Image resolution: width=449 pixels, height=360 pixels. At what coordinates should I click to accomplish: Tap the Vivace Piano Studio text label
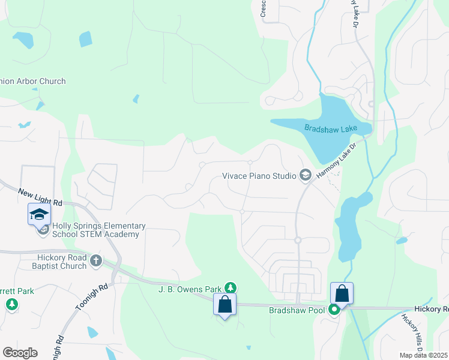[259, 176]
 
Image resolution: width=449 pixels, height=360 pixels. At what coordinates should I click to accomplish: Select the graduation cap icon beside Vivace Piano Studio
[305, 175]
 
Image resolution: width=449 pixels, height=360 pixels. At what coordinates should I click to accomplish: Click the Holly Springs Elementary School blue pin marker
[39, 214]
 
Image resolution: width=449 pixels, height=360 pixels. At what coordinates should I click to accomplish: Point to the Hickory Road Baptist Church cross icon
[95, 261]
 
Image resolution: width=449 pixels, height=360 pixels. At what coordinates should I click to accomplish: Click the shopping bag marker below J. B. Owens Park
[224, 304]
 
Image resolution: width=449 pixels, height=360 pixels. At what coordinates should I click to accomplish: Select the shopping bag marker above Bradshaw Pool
[342, 293]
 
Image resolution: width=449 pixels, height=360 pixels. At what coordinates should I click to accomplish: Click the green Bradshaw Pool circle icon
[334, 310]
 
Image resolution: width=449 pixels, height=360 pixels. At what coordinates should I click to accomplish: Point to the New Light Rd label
[41, 197]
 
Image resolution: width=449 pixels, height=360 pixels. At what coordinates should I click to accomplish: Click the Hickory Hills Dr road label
[412, 333]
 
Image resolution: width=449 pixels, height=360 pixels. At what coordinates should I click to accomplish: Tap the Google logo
[20, 353]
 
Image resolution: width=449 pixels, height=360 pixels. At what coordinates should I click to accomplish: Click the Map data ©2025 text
[423, 355]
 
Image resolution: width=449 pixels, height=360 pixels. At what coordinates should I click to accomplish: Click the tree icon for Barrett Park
[11, 304]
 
